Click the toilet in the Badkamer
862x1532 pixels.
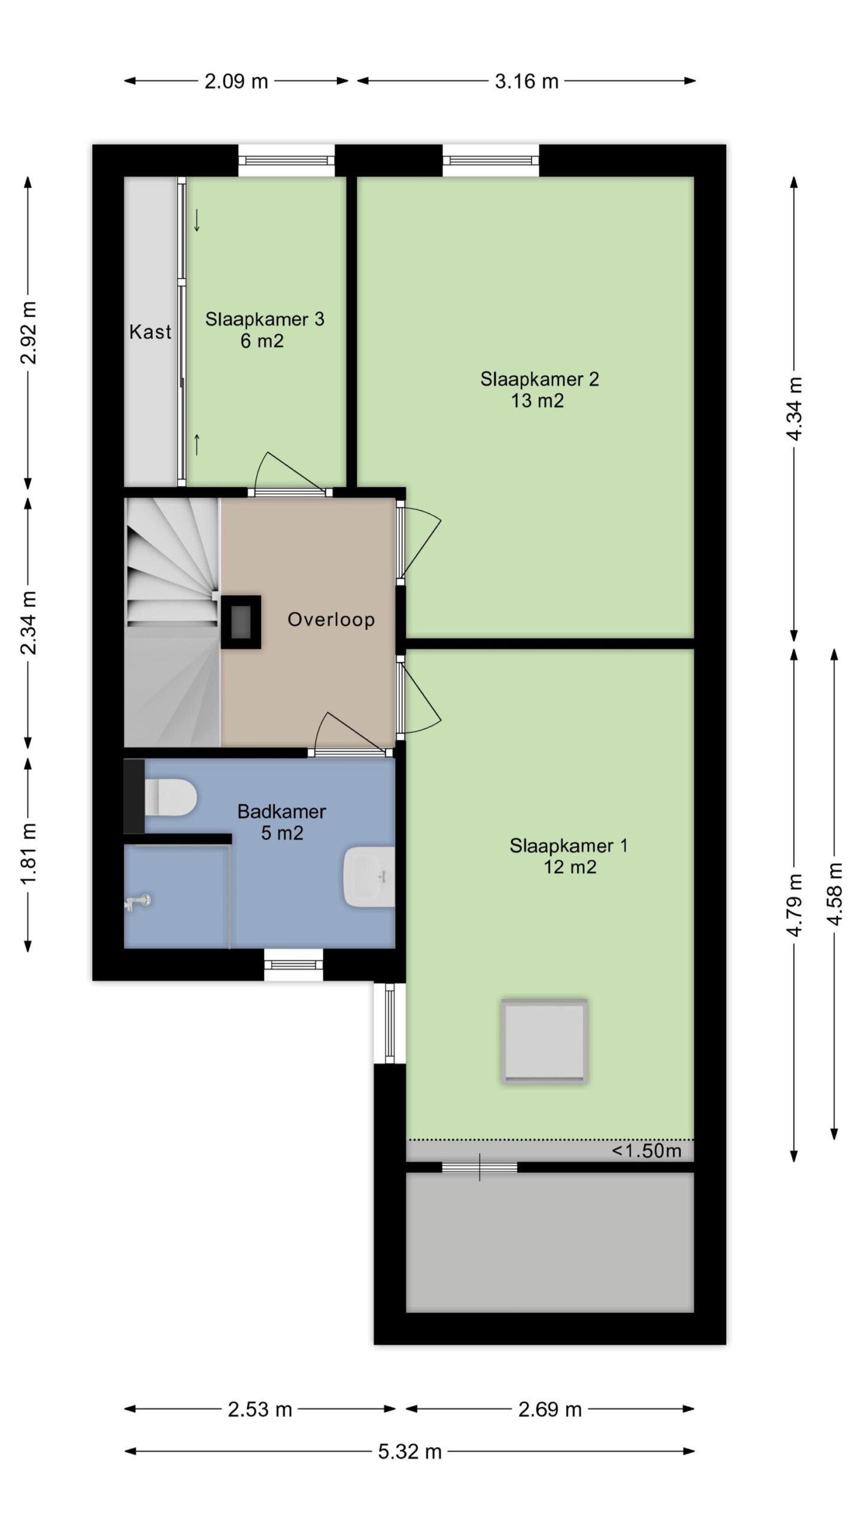tap(171, 796)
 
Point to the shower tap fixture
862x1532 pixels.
tap(137, 902)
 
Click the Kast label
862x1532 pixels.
tap(150, 332)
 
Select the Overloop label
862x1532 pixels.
tap(331, 619)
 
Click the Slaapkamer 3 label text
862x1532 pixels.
tap(265, 319)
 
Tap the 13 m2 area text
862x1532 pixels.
tap(538, 401)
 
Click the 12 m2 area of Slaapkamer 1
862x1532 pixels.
tap(570, 867)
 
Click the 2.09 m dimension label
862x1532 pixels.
tap(236, 81)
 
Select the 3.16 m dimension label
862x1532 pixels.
tap(526, 81)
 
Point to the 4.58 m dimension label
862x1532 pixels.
tap(834, 894)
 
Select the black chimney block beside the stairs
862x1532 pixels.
tap(241, 622)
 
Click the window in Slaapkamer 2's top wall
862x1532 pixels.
tap(491, 160)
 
